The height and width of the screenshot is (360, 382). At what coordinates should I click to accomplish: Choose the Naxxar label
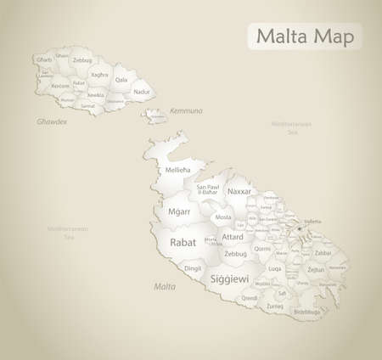tap(239, 193)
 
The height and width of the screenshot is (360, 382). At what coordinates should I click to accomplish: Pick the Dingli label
tap(194, 269)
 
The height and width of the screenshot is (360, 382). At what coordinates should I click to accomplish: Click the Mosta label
tap(223, 217)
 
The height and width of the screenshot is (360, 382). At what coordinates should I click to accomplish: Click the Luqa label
tap(275, 268)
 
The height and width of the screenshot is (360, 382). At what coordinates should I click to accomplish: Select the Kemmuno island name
tap(185, 111)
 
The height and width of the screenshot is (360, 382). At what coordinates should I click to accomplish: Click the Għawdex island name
tap(51, 121)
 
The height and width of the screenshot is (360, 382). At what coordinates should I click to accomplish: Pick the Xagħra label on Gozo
tap(100, 75)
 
